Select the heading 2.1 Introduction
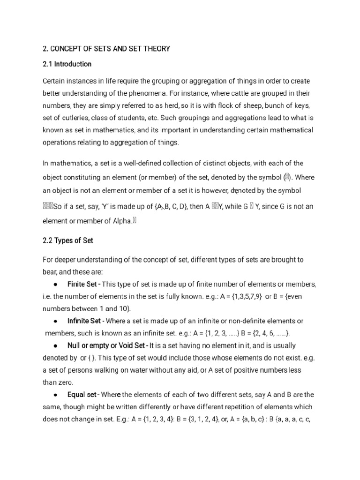click(67, 64)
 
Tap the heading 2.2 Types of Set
click(68, 240)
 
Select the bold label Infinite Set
click(84, 321)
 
